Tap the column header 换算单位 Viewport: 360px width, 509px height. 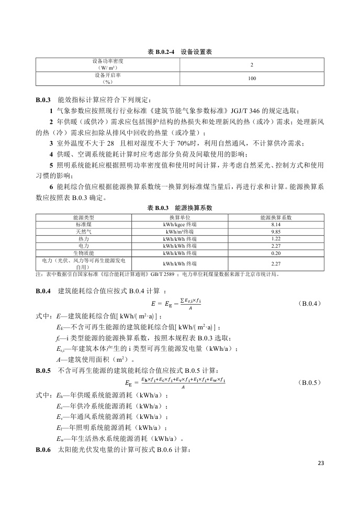point(180,217)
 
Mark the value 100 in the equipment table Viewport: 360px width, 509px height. point(252,79)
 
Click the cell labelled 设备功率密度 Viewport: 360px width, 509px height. point(108,61)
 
